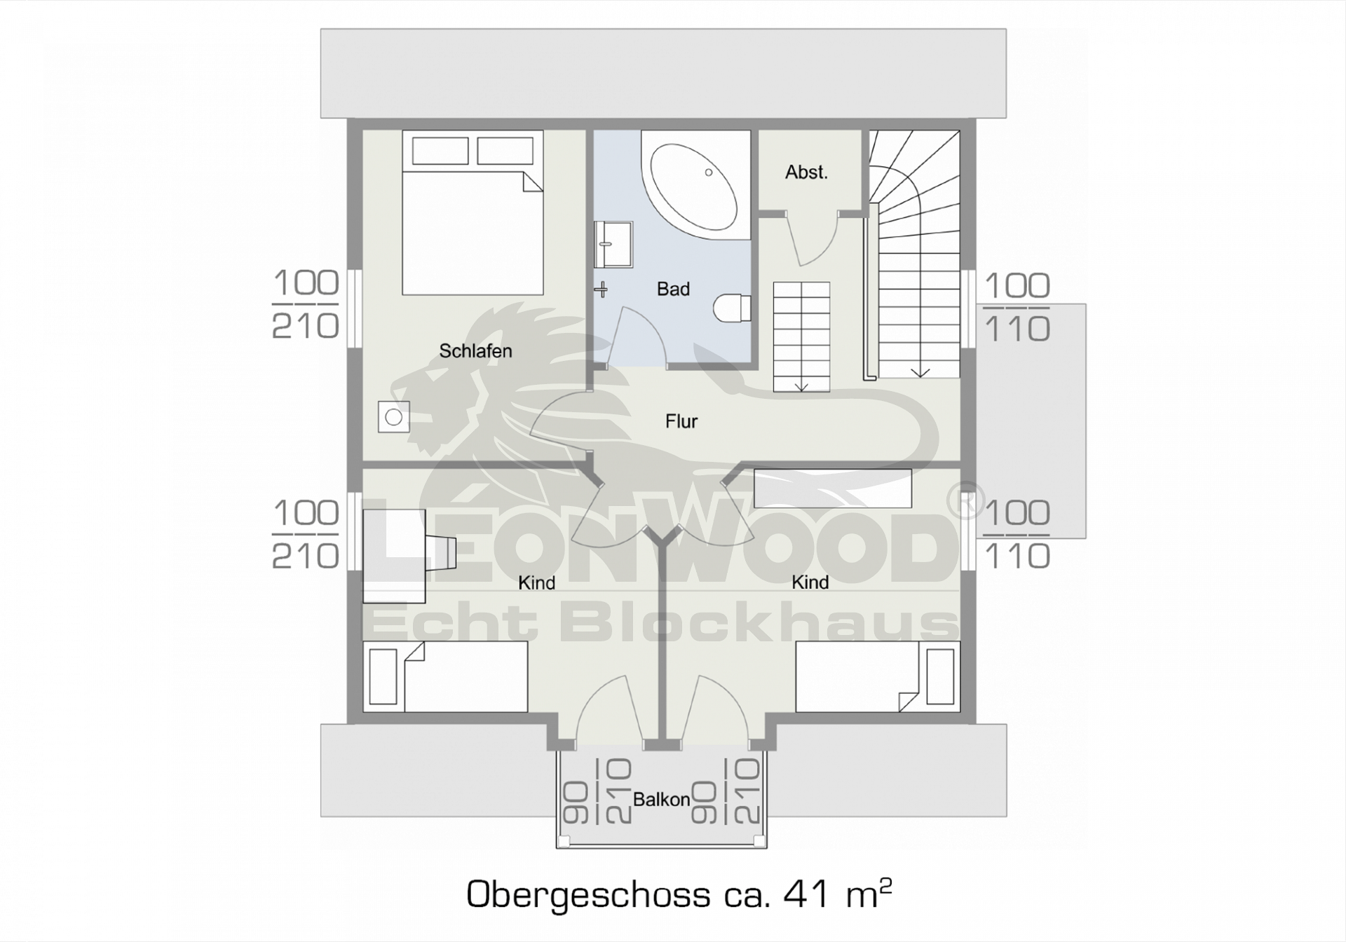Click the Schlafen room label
(475, 350)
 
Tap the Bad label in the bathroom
(673, 289)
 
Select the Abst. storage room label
(806, 172)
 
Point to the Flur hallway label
(681, 421)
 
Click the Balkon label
(661, 800)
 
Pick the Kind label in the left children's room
(537, 582)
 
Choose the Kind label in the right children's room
(810, 582)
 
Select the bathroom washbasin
(613, 245)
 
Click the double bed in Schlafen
(473, 213)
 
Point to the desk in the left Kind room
(394, 556)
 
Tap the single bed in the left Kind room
(445, 676)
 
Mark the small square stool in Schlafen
(393, 417)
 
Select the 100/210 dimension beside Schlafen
(306, 305)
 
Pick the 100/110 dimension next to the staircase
(1017, 308)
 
